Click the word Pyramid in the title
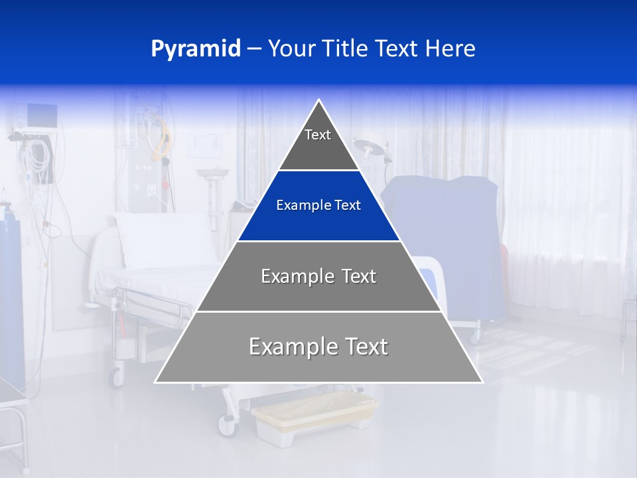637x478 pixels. [196, 49]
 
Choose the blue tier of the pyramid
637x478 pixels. [318, 206]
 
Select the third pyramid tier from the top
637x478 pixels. [318, 276]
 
